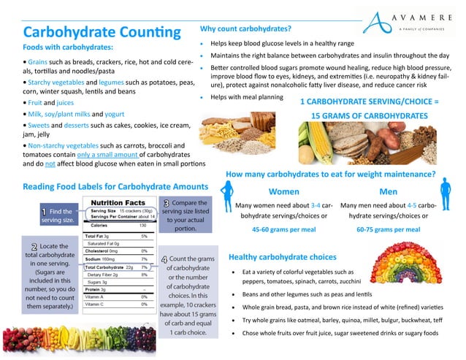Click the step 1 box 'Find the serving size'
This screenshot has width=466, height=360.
(57, 215)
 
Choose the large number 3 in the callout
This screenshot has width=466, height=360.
(167, 204)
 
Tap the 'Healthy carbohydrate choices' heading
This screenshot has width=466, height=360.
(282, 257)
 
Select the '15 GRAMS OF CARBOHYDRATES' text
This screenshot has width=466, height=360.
(369, 116)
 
